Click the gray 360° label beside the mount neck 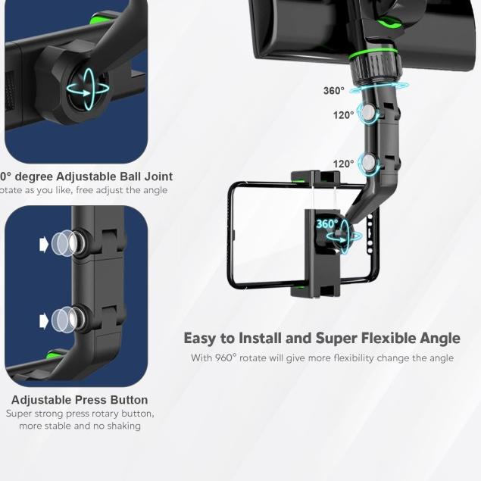[333, 91]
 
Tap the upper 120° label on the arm [343, 115]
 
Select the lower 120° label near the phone [343, 164]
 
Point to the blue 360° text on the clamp [326, 224]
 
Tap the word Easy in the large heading [200, 338]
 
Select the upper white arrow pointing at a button [44, 244]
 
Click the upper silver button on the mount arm [368, 114]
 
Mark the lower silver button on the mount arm [368, 163]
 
